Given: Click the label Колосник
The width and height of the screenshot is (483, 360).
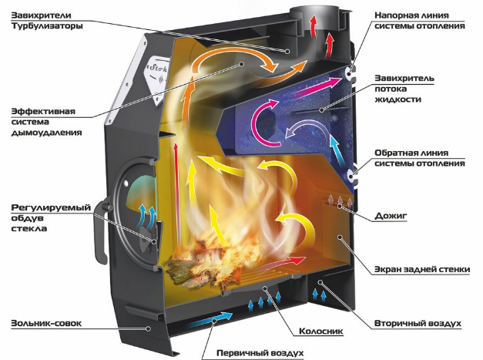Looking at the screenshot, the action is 320,331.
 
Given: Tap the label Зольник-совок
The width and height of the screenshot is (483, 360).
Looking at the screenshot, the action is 46,323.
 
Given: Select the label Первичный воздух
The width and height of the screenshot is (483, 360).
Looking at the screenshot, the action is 260,352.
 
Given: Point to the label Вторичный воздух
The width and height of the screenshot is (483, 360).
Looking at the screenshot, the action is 418,323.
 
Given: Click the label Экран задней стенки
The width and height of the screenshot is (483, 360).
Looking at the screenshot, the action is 422,269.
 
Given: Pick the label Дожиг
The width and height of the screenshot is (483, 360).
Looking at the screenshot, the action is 391,215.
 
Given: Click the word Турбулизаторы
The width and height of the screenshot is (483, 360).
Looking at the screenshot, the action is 47,26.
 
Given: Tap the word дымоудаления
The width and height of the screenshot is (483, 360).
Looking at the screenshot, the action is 46,133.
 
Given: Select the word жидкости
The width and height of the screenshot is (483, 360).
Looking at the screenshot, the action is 397,99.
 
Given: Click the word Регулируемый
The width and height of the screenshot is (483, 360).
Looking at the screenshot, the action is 51,207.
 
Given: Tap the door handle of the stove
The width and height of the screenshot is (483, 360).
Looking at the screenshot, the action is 99,231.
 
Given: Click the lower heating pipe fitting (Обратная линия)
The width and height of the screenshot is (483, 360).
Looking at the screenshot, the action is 353,177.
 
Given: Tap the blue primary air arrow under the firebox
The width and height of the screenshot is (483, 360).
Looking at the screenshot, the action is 210,321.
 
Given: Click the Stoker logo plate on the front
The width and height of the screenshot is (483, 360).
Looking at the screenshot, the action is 157,79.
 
